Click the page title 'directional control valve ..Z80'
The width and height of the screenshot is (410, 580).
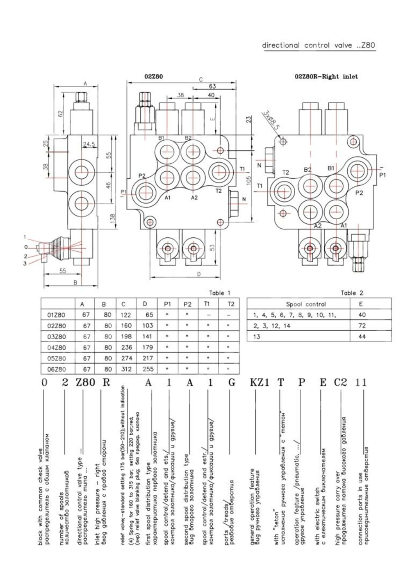point(319,45)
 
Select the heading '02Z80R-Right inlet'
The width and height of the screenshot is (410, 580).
point(326,77)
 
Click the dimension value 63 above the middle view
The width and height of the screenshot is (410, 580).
point(212,86)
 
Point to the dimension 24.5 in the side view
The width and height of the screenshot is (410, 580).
point(89,144)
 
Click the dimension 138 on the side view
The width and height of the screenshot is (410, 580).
point(113,218)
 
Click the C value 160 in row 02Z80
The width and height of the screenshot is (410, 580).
point(126,326)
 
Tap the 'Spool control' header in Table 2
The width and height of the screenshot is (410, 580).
point(306,304)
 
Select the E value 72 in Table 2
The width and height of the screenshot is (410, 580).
point(362,326)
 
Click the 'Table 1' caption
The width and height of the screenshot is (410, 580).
point(219,293)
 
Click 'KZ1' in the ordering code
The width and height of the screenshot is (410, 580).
point(260,383)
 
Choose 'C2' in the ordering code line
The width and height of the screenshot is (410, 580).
point(340,383)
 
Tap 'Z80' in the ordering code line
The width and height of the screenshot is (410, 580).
point(85,383)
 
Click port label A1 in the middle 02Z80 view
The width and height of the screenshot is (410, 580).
point(168,198)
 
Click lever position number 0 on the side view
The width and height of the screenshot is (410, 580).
point(26,247)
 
